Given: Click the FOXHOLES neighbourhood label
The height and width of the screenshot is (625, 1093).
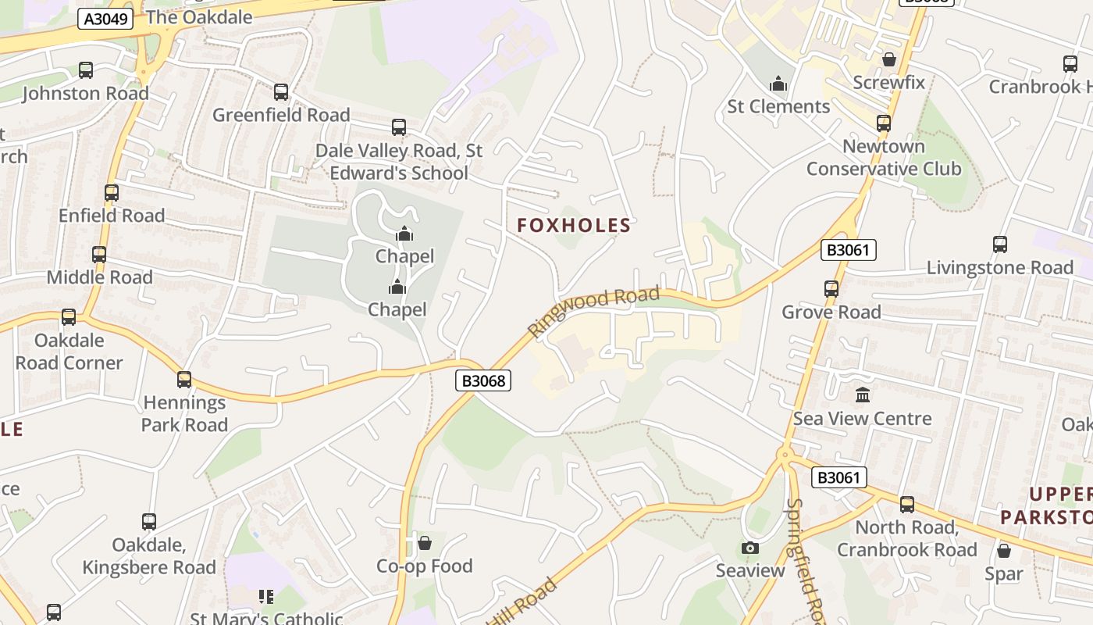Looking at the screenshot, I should (x=574, y=226).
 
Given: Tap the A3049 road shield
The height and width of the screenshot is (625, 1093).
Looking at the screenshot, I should (x=105, y=19).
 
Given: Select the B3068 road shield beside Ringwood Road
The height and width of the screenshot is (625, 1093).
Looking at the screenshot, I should (x=483, y=380).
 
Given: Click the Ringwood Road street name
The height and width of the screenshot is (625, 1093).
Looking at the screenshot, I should (x=593, y=310).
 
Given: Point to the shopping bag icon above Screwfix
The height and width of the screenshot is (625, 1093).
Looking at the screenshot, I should (x=888, y=59).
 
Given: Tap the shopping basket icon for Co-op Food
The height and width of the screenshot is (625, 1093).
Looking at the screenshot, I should (x=425, y=542).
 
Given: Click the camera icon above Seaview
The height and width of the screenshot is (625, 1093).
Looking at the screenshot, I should (x=750, y=548).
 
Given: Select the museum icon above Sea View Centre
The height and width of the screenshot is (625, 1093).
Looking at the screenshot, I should (x=863, y=395).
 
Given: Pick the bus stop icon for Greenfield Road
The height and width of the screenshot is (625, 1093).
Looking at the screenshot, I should (x=281, y=92).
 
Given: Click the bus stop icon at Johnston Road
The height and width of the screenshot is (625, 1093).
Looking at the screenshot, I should (x=86, y=70).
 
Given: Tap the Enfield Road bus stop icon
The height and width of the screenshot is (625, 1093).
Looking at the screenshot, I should (x=112, y=193).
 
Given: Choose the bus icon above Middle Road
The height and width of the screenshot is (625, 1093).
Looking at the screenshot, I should (x=99, y=255).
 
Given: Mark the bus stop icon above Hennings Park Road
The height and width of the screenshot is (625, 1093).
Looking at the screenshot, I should (x=184, y=380).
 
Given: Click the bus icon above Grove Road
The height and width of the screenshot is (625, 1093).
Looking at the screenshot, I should (x=831, y=289).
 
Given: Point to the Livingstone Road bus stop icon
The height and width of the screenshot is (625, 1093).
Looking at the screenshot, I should (x=1000, y=245).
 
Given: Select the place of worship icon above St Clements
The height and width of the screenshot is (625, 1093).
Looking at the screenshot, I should (x=778, y=84).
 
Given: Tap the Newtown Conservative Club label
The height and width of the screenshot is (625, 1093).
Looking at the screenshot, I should (x=884, y=158).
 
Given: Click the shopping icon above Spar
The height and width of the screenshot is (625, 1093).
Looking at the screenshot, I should (x=1004, y=551).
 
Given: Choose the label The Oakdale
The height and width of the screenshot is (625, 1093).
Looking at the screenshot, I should (x=199, y=17).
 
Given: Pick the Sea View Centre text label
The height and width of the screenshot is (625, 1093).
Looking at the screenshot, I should (x=863, y=419).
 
